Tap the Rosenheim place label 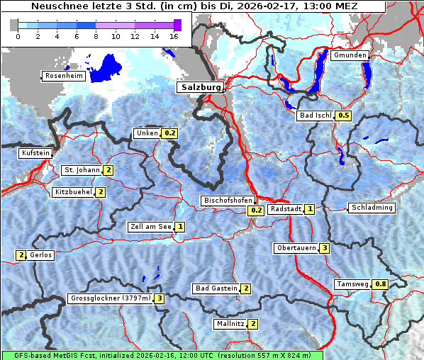click(x=64, y=76)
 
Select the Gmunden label click(x=350, y=55)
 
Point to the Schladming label click(x=371, y=208)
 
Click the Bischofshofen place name click(x=228, y=201)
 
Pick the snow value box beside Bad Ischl click(x=344, y=116)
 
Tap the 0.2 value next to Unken click(x=169, y=133)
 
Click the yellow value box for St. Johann click(x=108, y=170)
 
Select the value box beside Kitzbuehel click(x=101, y=192)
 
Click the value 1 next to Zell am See click(x=180, y=227)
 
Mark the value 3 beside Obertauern click(x=324, y=248)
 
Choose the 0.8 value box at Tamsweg click(x=381, y=284)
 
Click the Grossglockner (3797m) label click(x=111, y=298)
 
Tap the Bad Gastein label click(x=216, y=288)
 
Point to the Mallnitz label click(x=230, y=324)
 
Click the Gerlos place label click(x=41, y=255)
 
